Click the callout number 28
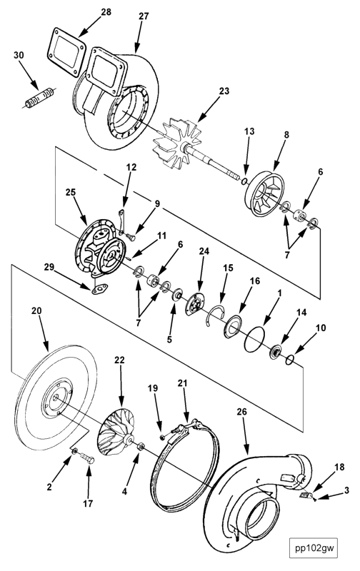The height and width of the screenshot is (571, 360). [106, 12]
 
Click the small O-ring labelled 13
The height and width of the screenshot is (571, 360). [244, 181]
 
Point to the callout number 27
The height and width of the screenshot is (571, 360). [144, 16]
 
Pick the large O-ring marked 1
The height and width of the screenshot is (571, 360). [255, 339]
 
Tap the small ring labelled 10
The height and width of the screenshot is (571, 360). [290, 360]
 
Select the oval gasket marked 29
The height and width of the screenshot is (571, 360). [99, 289]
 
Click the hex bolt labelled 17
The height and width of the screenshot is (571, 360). [86, 457]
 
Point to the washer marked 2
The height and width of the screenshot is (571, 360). [74, 451]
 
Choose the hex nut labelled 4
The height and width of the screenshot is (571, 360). [141, 447]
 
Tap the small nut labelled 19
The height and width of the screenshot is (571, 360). [163, 436]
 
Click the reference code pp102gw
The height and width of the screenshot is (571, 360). [314, 547]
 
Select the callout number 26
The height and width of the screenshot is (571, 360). [242, 412]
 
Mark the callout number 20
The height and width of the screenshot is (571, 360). [37, 310]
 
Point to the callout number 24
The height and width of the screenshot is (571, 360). [204, 251]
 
